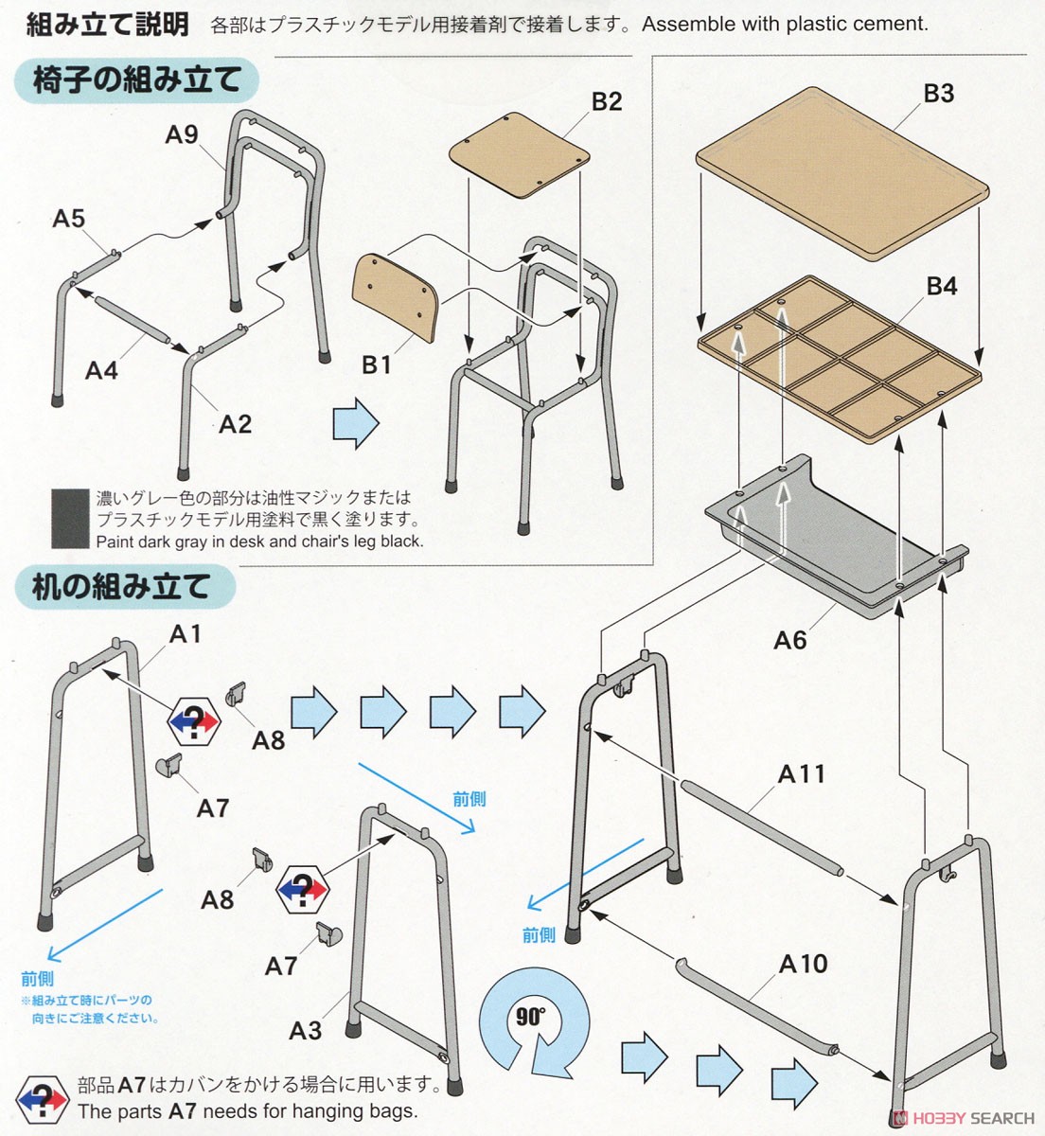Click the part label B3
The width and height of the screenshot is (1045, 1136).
[939, 94]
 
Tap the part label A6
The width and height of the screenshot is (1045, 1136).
[789, 641]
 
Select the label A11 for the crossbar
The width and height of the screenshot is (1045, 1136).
[801, 774]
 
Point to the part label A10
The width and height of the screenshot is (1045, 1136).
[803, 964]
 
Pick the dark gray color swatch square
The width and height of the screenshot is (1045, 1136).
[70, 518]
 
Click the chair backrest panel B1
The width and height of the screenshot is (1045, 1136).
[396, 297]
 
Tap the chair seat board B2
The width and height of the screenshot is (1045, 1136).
[520, 154]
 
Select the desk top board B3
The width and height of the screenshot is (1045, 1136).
[842, 173]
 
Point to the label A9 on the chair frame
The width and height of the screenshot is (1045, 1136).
[181, 134]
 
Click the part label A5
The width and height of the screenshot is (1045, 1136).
[68, 218]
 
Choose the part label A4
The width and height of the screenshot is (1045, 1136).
[101, 370]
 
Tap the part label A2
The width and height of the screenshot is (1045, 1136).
[235, 423]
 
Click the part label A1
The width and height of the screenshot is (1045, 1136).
[185, 634]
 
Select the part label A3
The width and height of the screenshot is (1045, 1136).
[306, 1030]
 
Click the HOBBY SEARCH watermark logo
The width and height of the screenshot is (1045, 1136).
[963, 1118]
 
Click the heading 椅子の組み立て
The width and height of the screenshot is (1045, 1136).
[137, 80]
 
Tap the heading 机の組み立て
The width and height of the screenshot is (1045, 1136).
[120, 586]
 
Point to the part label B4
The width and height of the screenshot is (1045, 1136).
[941, 286]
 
